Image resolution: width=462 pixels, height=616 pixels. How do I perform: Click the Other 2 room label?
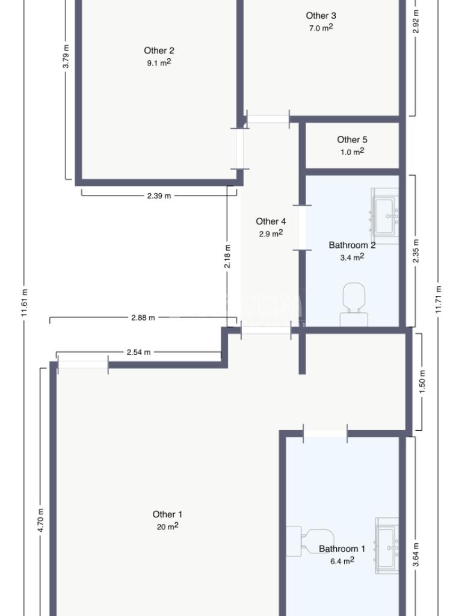coord(159,51)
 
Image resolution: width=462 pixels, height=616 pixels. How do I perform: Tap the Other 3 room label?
coord(321,16)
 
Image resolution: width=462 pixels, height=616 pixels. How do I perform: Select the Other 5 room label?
coord(352,140)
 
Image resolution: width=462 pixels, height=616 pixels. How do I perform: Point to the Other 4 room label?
coord(271,221)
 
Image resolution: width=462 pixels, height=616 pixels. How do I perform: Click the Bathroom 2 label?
coord(352,245)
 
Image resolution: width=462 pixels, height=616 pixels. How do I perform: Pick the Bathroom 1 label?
coord(342,549)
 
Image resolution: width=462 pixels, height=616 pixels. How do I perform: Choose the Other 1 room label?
coord(167,514)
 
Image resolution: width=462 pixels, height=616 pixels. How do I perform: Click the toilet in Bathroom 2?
coord(354,304)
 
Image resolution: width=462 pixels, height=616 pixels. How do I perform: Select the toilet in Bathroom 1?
coord(310,541)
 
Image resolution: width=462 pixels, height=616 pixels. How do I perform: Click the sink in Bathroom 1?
coord(387,546)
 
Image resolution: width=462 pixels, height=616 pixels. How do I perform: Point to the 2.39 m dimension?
coord(159,196)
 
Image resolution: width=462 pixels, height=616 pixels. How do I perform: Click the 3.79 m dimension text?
coord(66,57)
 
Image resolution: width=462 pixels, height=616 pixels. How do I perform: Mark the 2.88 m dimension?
coord(143,318)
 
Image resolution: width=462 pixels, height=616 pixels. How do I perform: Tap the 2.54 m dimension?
coord(139,353)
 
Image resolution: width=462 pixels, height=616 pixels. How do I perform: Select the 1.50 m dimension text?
coord(422,382)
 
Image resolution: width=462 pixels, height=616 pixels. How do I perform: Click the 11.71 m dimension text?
coord(439,300)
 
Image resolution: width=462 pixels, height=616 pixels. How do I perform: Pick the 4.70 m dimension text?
coord(41,520)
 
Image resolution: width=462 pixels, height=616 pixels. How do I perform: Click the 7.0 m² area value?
coord(321,28)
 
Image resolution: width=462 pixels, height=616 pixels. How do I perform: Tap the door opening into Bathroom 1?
coord(325,434)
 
